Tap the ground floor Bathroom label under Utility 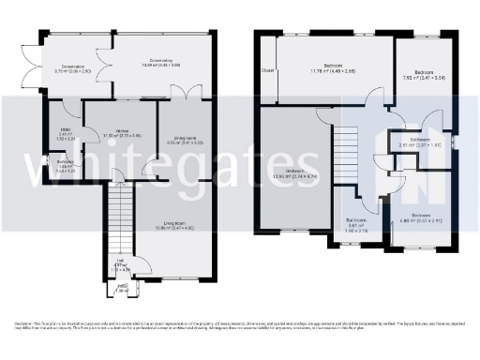(x=65, y=164)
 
